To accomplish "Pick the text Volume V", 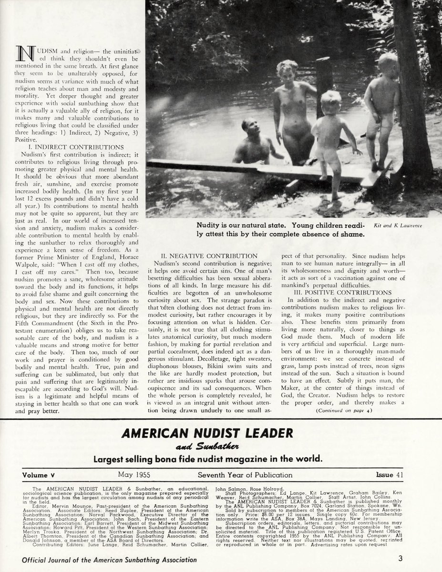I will tap(42, 475).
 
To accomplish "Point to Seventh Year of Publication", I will tap(245, 475).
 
